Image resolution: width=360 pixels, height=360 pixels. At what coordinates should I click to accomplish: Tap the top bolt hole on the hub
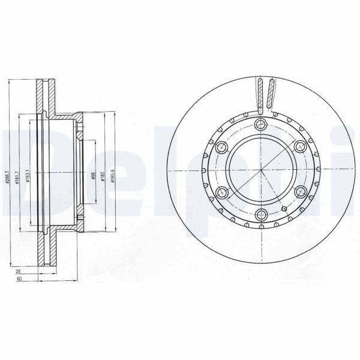pyautogui.click(x=260, y=124)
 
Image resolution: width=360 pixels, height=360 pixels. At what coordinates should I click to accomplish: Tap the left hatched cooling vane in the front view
pyautogui.click(x=260, y=94)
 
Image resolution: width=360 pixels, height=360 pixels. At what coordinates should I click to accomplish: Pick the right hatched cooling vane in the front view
pyautogui.click(x=272, y=94)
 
